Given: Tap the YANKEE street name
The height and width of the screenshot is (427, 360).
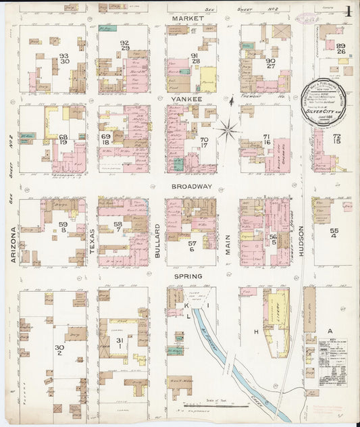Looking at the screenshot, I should (x=187, y=99).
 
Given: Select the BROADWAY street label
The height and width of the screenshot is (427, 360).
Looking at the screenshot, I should (x=192, y=186).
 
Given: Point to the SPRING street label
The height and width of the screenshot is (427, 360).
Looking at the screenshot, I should (x=188, y=277).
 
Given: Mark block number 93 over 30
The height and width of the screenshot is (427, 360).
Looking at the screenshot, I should (x=64, y=59).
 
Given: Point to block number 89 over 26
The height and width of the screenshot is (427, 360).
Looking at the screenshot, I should (x=340, y=49).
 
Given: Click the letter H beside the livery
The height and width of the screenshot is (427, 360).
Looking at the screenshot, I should (x=256, y=332).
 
